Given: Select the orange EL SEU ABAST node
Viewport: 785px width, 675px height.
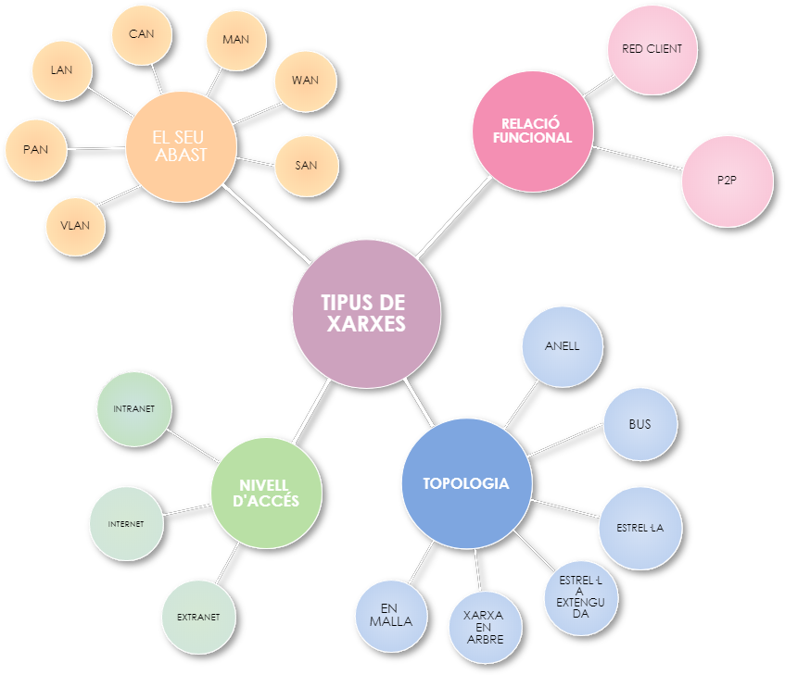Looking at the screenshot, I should click(x=180, y=146).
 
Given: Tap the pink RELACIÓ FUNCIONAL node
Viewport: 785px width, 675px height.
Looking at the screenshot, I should click(x=532, y=131).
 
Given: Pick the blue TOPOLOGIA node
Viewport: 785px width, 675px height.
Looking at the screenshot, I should click(x=465, y=483).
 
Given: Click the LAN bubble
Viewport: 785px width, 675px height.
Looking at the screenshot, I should click(x=62, y=70).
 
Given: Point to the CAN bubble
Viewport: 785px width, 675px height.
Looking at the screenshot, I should click(x=142, y=35).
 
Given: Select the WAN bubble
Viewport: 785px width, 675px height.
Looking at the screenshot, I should click(x=305, y=81).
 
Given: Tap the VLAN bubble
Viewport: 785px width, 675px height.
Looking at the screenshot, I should click(x=76, y=226).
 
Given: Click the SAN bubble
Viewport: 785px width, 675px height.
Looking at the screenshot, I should click(x=306, y=166).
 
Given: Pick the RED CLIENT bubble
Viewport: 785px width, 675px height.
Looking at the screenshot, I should click(x=652, y=49).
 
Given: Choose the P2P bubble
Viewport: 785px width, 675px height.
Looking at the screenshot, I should click(x=727, y=181).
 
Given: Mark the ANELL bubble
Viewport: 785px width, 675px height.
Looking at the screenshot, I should click(x=563, y=346).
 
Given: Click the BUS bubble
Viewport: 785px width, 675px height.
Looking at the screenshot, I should click(x=639, y=425).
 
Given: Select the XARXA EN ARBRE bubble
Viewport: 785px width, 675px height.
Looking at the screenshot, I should click(x=486, y=626).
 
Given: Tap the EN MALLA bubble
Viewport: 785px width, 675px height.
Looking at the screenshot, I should click(x=390, y=616).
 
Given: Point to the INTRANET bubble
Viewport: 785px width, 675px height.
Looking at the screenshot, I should click(x=134, y=408).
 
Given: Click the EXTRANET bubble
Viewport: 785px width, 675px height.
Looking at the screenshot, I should click(x=198, y=617).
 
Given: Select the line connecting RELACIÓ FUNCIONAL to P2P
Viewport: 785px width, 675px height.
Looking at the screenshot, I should click(x=638, y=157).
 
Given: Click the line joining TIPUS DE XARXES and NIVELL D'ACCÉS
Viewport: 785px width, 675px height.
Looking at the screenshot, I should click(x=311, y=410).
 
